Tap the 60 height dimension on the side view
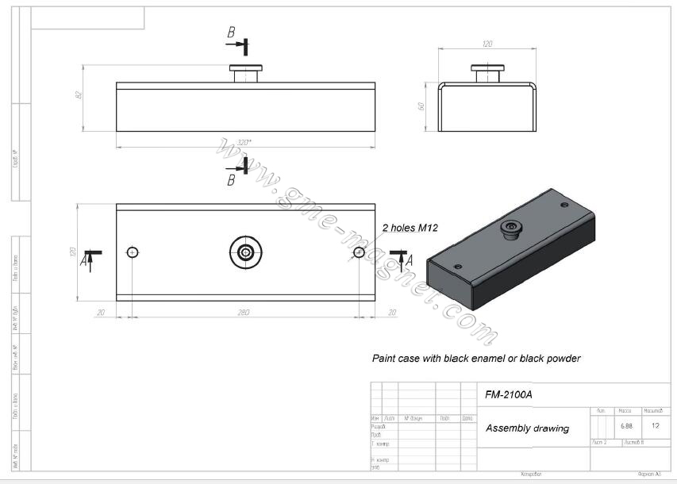click(x=423, y=106)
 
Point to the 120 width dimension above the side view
click(x=488, y=44)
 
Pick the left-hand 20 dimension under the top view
click(x=101, y=313)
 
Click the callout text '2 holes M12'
click(x=410, y=228)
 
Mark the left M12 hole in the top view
click(x=133, y=252)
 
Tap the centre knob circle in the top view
click(x=246, y=252)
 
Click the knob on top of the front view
click(x=246, y=73)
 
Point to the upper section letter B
click(x=231, y=33)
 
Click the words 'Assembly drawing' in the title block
click(x=527, y=428)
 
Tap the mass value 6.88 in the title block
click(x=626, y=426)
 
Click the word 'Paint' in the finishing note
click(x=385, y=359)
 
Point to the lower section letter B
click(x=231, y=180)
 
